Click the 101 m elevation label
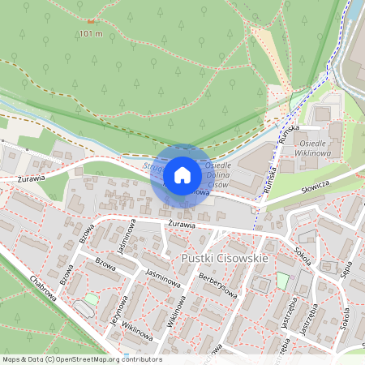92,33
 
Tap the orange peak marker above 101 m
90,21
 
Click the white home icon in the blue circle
182,175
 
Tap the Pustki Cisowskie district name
225,260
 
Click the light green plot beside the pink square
282,280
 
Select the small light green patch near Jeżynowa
91,299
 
